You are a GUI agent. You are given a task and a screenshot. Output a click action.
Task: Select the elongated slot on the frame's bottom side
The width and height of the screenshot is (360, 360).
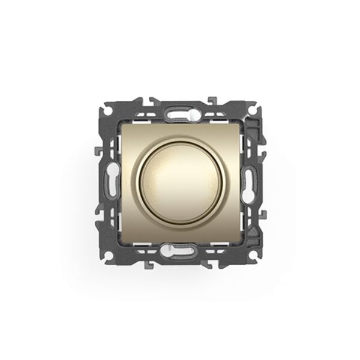coord(180,248)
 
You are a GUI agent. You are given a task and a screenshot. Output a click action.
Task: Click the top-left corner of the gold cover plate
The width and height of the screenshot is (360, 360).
coord(124,124)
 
